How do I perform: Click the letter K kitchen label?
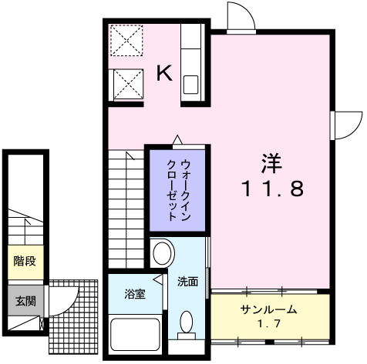(164, 74)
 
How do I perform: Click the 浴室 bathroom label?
(134, 293)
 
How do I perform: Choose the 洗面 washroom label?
(187, 282)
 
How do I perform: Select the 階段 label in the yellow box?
(24, 261)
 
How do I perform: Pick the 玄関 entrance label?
(24, 300)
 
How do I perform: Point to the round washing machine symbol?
(162, 252)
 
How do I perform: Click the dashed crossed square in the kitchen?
(124, 41)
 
